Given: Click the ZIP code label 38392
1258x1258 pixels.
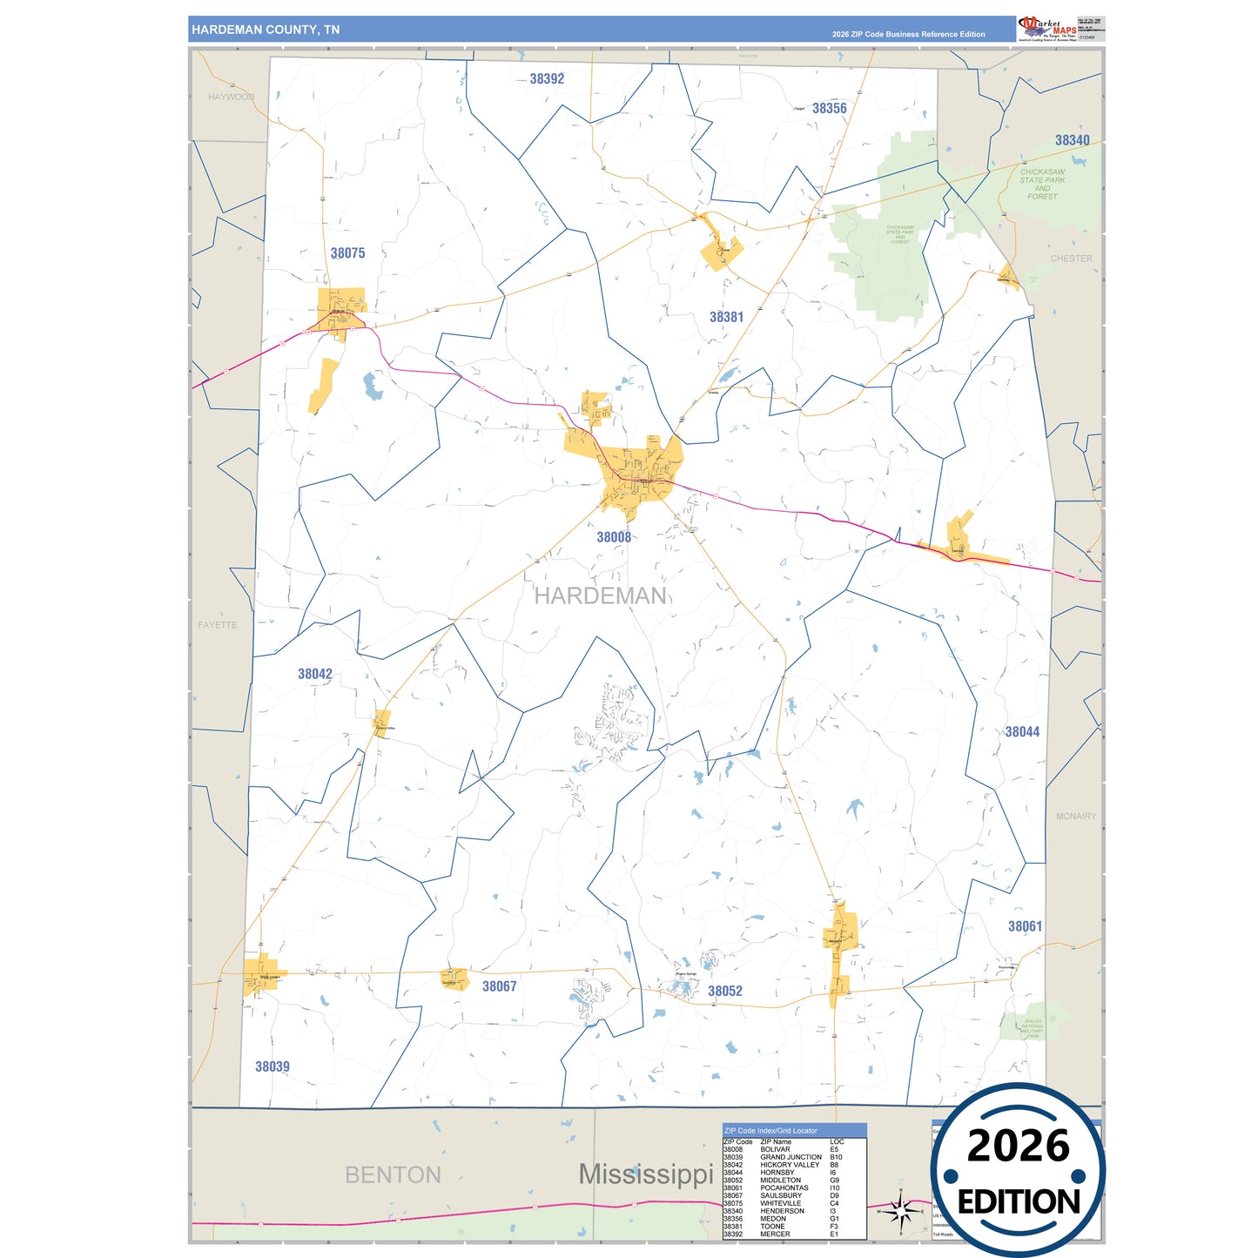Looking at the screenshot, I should pyautogui.click(x=547, y=79).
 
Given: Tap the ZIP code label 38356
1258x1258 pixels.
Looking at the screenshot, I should pyautogui.click(x=829, y=109).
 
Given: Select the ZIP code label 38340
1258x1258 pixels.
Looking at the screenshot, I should pyautogui.click(x=1072, y=140).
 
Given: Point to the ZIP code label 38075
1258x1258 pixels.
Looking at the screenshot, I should pyautogui.click(x=347, y=253).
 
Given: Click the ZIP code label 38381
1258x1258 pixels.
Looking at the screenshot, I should pyautogui.click(x=726, y=317).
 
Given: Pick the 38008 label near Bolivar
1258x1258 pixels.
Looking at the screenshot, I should pyautogui.click(x=614, y=537).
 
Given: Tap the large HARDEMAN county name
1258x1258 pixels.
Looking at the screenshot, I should pyautogui.click(x=600, y=595).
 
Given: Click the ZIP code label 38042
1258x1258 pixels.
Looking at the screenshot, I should pyautogui.click(x=314, y=674).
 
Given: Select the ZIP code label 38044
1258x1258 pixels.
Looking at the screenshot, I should pyautogui.click(x=1022, y=732).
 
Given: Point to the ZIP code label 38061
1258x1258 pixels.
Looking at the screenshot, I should pyautogui.click(x=1025, y=926).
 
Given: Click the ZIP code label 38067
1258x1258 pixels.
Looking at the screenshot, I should pyautogui.click(x=499, y=986).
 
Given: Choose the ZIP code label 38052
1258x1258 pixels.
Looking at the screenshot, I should pyautogui.click(x=724, y=991).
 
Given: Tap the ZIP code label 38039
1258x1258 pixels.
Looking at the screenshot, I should pyautogui.click(x=272, y=1066).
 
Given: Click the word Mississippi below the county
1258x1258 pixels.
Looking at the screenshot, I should pyautogui.click(x=646, y=1174).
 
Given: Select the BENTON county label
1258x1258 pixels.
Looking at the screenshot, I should pyautogui.click(x=393, y=1174).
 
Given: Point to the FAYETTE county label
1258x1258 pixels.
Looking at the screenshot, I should pyautogui.click(x=217, y=625).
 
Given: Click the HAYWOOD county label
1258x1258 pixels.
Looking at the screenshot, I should pyautogui.click(x=231, y=97).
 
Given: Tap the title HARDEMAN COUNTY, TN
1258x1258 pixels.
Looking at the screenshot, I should pyautogui.click(x=266, y=30).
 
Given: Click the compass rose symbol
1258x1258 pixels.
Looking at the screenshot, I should pyautogui.click(x=901, y=1210).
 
